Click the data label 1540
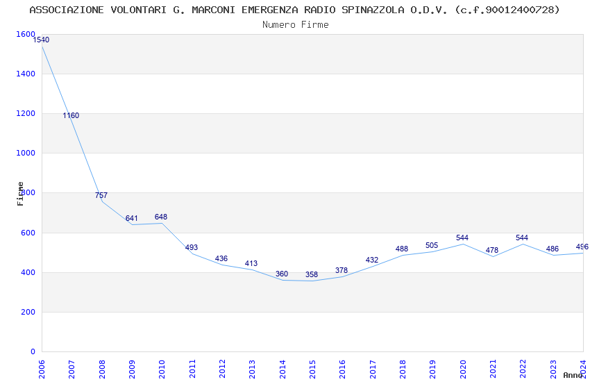pos(41,40)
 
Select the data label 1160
pos(71,115)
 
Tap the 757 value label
pos(101,195)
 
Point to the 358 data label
pos(312,274)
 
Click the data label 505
pos(432,245)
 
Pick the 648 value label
pos(161,217)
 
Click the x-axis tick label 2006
pos(42,369)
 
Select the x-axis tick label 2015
pos(312,369)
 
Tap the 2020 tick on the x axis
pos(463,369)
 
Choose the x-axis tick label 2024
pos(583,367)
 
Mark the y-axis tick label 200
pos(27,313)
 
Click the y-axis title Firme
pos(21,193)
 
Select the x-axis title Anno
pos(573,375)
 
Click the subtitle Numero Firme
pos(295,25)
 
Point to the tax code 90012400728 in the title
pos(521,10)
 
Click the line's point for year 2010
pos(162,223)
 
